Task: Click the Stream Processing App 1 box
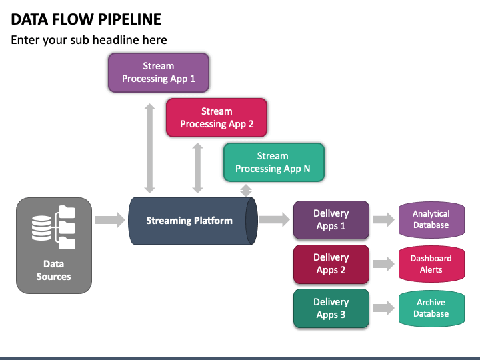tap(159, 73)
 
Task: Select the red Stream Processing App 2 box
tap(217, 117)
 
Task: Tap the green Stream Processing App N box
tap(274, 162)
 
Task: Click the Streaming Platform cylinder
tap(193, 221)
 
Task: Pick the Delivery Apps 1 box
tap(331, 220)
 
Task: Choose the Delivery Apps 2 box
tap(331, 264)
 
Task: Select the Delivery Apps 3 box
tap(331, 308)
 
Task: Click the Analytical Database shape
tap(431, 219)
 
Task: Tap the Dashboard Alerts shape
tap(431, 264)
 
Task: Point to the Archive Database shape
tap(431, 308)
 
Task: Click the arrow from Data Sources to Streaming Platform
tap(110, 220)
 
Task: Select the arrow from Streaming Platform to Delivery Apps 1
tap(274, 219)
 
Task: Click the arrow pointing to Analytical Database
tap(384, 219)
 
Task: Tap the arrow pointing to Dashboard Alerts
tap(384, 264)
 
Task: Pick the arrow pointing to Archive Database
tap(384, 308)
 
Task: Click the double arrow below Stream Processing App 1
tap(150, 148)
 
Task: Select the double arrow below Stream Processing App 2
tap(198, 168)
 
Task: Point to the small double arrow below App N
tap(246, 191)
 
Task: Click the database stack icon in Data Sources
tap(41, 228)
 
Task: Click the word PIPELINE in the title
tap(130, 19)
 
